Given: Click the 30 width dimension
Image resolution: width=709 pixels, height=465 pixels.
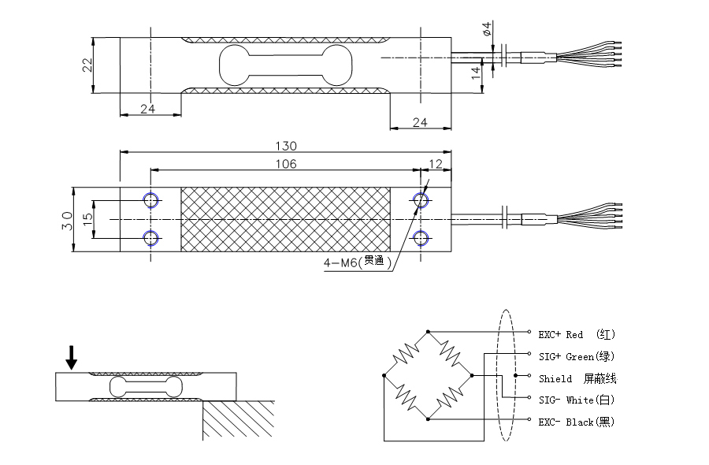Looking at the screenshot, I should click(x=66, y=220).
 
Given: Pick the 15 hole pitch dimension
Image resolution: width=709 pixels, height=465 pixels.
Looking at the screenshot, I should click(x=87, y=218).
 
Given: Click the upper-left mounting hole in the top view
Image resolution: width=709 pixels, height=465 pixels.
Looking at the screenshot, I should click(x=150, y=200).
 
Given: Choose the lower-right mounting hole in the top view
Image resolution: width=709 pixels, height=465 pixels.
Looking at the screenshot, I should click(x=421, y=237).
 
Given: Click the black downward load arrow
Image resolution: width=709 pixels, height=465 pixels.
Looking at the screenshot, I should click(x=72, y=358).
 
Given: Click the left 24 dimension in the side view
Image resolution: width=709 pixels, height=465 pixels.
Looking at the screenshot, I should click(x=147, y=109).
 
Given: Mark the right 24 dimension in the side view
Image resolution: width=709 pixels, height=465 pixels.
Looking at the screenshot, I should click(x=419, y=121).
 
